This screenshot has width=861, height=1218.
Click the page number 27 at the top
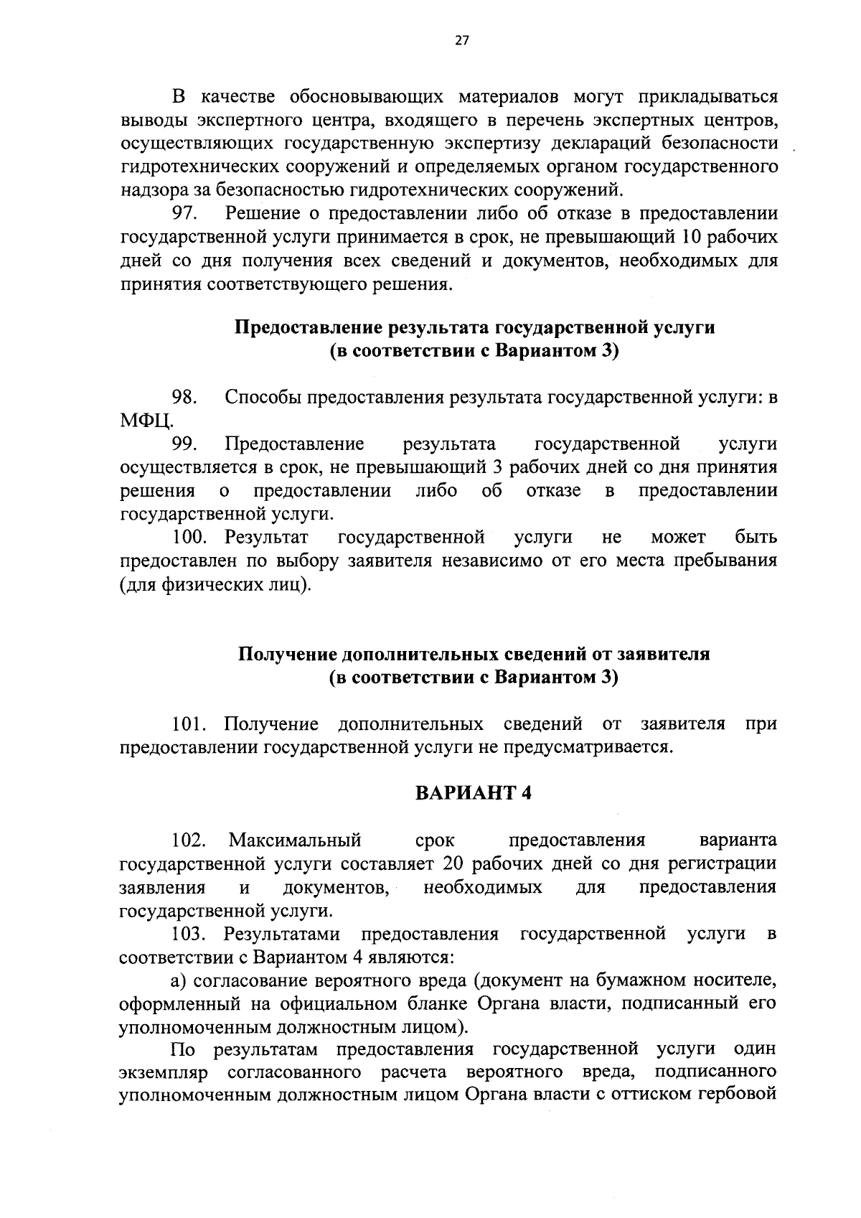click(461, 41)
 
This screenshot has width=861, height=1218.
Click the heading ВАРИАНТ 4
click(473, 793)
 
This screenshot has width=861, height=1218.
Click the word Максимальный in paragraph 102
click(295, 840)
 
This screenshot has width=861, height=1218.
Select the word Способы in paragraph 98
click(262, 397)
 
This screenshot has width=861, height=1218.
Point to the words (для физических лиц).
click(215, 585)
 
